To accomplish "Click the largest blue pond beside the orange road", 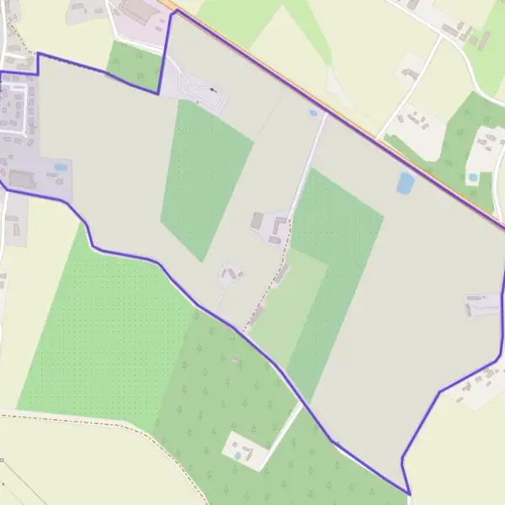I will click(x=406, y=183).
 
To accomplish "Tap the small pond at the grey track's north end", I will click(x=313, y=112).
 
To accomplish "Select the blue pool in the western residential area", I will click(x=61, y=167).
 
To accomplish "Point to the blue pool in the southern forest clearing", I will click(x=237, y=455).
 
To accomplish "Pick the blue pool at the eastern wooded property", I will click(x=473, y=178).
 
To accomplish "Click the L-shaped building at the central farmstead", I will click(x=277, y=225).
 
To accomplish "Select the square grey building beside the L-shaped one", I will click(x=258, y=221).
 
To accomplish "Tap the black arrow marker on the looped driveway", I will click(x=212, y=90).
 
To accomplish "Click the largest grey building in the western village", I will click(x=21, y=178).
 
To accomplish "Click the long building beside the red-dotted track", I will click(x=281, y=274).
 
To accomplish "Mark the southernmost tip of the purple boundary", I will click(x=409, y=495).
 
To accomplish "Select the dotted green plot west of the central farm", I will click(x=206, y=177).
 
